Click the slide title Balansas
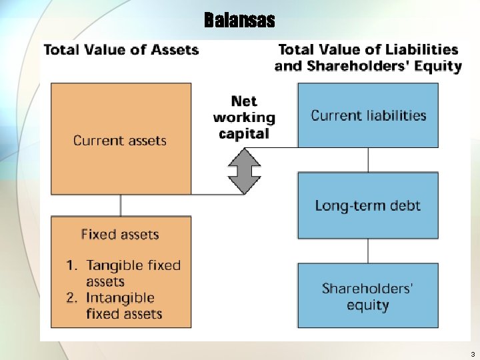[239, 20]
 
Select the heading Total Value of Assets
[121, 50]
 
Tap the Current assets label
[120, 141]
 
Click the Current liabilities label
[368, 115]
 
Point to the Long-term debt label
[368, 205]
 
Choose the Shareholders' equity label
[368, 297]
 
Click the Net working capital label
[244, 117]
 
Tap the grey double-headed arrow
[244, 171]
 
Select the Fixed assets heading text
[120, 235]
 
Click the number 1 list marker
[71, 265]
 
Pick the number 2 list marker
[71, 298]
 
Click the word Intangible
[121, 298]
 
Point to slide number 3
[472, 354]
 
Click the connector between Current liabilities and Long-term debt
[368, 160]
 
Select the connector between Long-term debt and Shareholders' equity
[368, 251]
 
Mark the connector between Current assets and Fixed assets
[121, 205]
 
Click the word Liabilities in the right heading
[419, 50]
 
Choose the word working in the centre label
[244, 117]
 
